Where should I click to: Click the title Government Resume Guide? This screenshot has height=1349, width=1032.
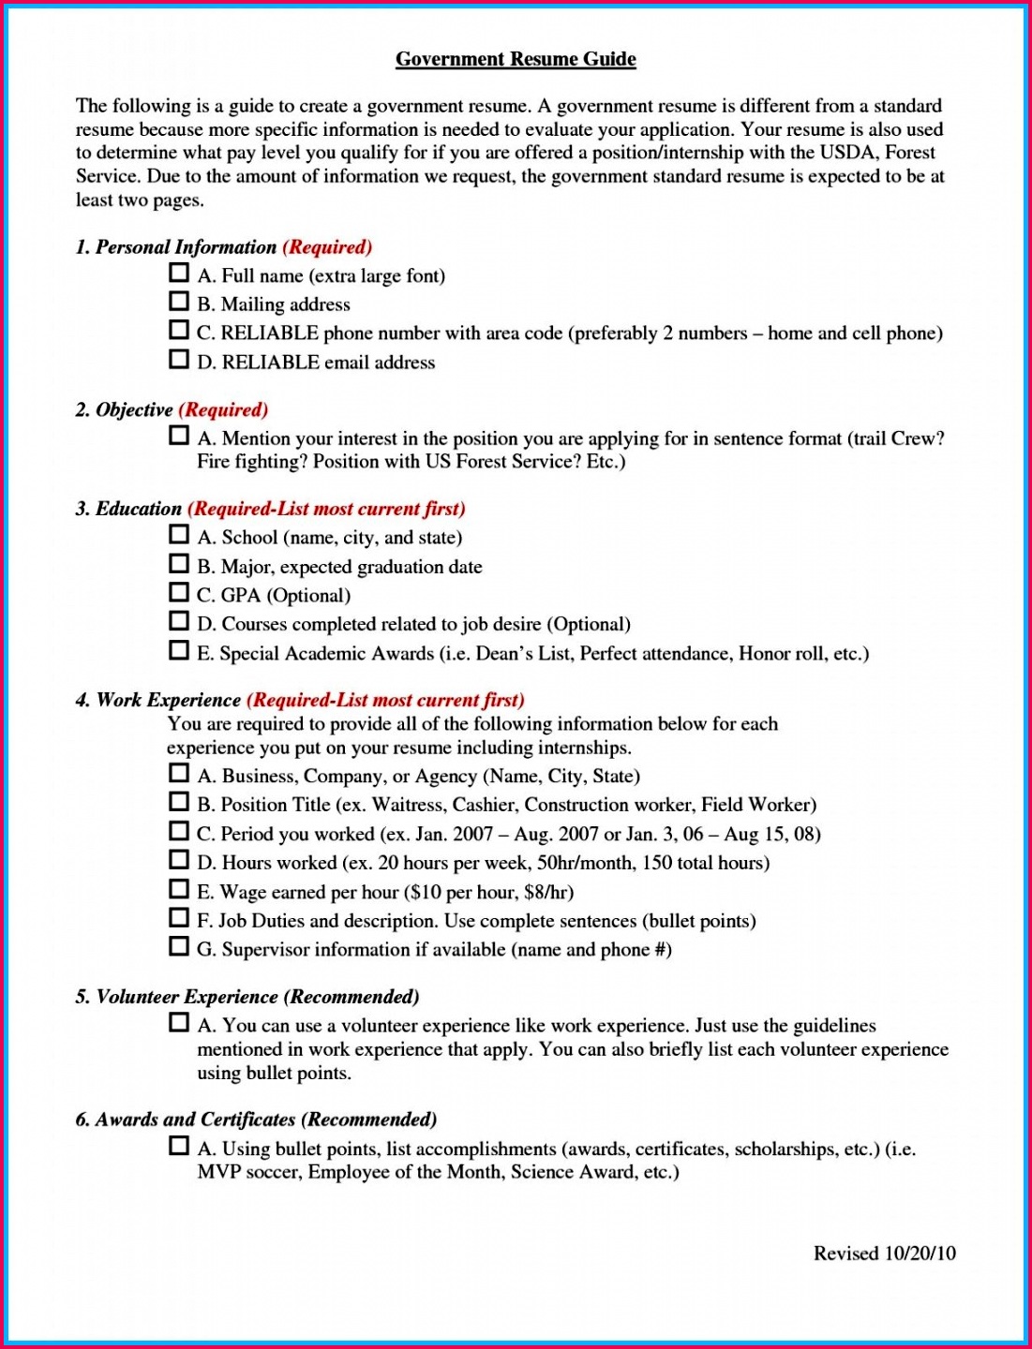pos(516,59)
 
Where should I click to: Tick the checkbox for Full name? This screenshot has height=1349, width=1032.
pos(178,273)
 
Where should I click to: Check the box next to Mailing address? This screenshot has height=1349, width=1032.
pos(178,302)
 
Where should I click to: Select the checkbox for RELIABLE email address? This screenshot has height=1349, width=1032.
pos(178,360)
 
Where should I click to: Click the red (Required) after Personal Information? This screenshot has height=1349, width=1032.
pos(327,247)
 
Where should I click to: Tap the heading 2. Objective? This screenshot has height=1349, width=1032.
pos(125,410)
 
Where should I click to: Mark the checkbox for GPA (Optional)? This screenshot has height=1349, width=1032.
pos(178,592)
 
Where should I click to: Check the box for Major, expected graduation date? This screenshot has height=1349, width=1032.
pos(178,564)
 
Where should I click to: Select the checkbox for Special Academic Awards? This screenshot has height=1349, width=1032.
pos(178,650)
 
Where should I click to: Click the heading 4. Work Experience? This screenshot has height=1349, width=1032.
pos(158,701)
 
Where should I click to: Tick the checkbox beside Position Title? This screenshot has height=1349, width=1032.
pos(178,802)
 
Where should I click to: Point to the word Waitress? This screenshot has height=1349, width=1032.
pos(408,805)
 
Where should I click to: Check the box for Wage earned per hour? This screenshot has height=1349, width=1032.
pos(178,888)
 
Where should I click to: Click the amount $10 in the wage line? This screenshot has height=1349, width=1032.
pos(425,892)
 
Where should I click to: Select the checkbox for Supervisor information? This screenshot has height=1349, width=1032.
pos(178,946)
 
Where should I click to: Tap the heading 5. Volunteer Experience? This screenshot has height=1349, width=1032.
pos(177,997)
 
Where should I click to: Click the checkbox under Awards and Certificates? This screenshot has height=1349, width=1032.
pos(178,1146)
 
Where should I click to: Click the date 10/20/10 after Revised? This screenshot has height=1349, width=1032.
pos(920,1253)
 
